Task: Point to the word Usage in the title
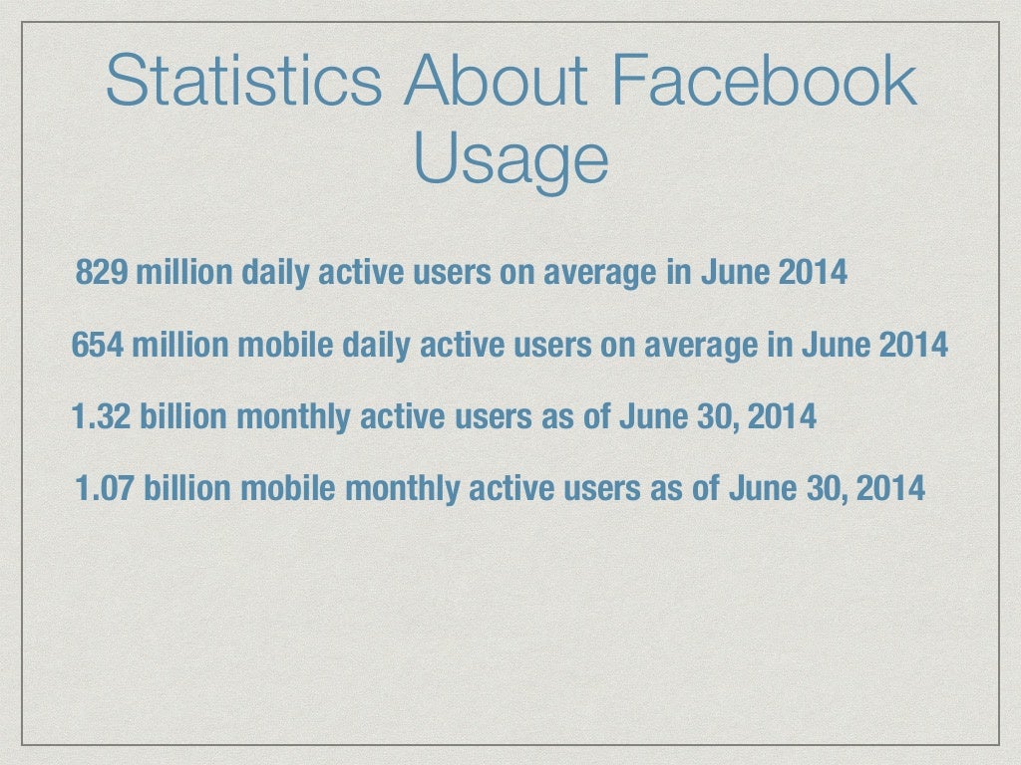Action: point(510,158)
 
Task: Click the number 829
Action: point(102,273)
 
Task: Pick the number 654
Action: point(98,346)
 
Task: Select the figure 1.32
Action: point(103,416)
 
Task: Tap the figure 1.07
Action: point(107,489)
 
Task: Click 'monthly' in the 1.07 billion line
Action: point(404,489)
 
